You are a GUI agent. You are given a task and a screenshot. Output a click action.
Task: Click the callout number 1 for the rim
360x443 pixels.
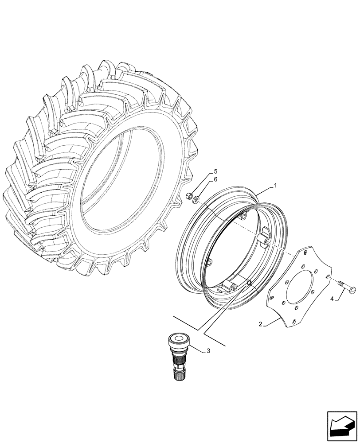[x=275, y=186]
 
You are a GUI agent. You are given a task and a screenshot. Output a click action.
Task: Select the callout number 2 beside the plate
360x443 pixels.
[x=261, y=325]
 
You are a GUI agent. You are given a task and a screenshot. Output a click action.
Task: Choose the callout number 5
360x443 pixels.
[x=215, y=171]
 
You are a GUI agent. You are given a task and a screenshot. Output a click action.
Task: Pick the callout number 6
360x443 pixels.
[x=215, y=179]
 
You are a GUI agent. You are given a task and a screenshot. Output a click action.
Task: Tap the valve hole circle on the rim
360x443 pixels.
[x=249, y=282]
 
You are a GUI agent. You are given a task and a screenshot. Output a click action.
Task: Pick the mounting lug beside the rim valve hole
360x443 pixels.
[x=233, y=286]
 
